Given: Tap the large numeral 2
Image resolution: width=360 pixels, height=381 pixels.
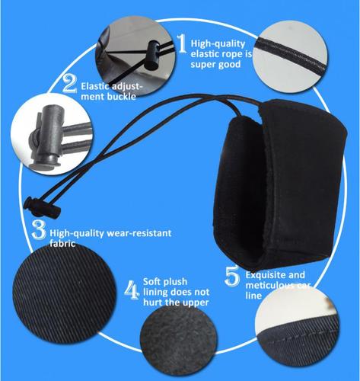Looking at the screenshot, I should pos(69,84).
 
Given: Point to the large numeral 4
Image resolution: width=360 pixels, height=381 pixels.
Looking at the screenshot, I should pos(131,290).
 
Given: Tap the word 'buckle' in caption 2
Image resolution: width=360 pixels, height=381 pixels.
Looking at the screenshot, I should pos(123,97).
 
